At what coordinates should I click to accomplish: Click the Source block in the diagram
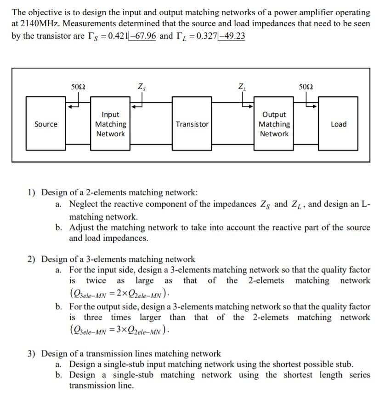pos(46,124)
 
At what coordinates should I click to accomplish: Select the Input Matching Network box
pos(110,124)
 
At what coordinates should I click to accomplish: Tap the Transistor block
pos(192,124)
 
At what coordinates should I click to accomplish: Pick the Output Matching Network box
pos(274,124)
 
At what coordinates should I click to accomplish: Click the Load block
pos(339,124)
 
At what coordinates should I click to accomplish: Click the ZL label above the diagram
pos(242,86)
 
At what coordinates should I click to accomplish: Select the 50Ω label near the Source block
pos(79,86)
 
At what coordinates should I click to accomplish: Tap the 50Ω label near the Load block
pos(306,86)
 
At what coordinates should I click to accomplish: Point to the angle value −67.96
pos(144,35)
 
